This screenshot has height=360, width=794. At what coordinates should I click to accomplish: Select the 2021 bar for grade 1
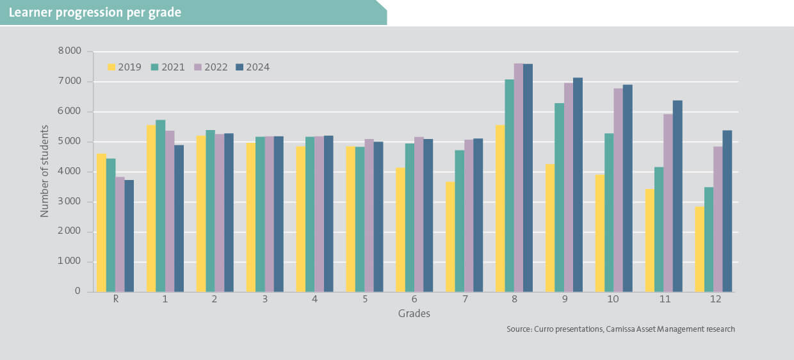(160, 206)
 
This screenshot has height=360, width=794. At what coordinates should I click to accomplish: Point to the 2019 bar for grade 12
(699, 249)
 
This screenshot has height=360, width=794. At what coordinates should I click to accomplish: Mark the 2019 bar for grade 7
(450, 236)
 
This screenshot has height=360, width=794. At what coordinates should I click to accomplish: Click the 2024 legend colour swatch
(240, 67)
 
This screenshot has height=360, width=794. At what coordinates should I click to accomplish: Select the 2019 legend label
(130, 67)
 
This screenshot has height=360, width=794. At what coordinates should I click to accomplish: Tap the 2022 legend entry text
(216, 67)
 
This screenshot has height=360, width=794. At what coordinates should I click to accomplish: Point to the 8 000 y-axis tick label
(68, 51)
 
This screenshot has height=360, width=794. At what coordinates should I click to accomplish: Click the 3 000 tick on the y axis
(68, 202)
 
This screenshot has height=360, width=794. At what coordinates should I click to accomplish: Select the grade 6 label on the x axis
(414, 300)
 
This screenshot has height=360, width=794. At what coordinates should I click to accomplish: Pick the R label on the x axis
(115, 300)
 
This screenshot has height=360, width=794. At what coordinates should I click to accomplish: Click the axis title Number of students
(45, 171)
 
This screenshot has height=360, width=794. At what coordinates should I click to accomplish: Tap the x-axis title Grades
(414, 314)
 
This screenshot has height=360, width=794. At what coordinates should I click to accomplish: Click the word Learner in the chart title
(29, 12)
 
